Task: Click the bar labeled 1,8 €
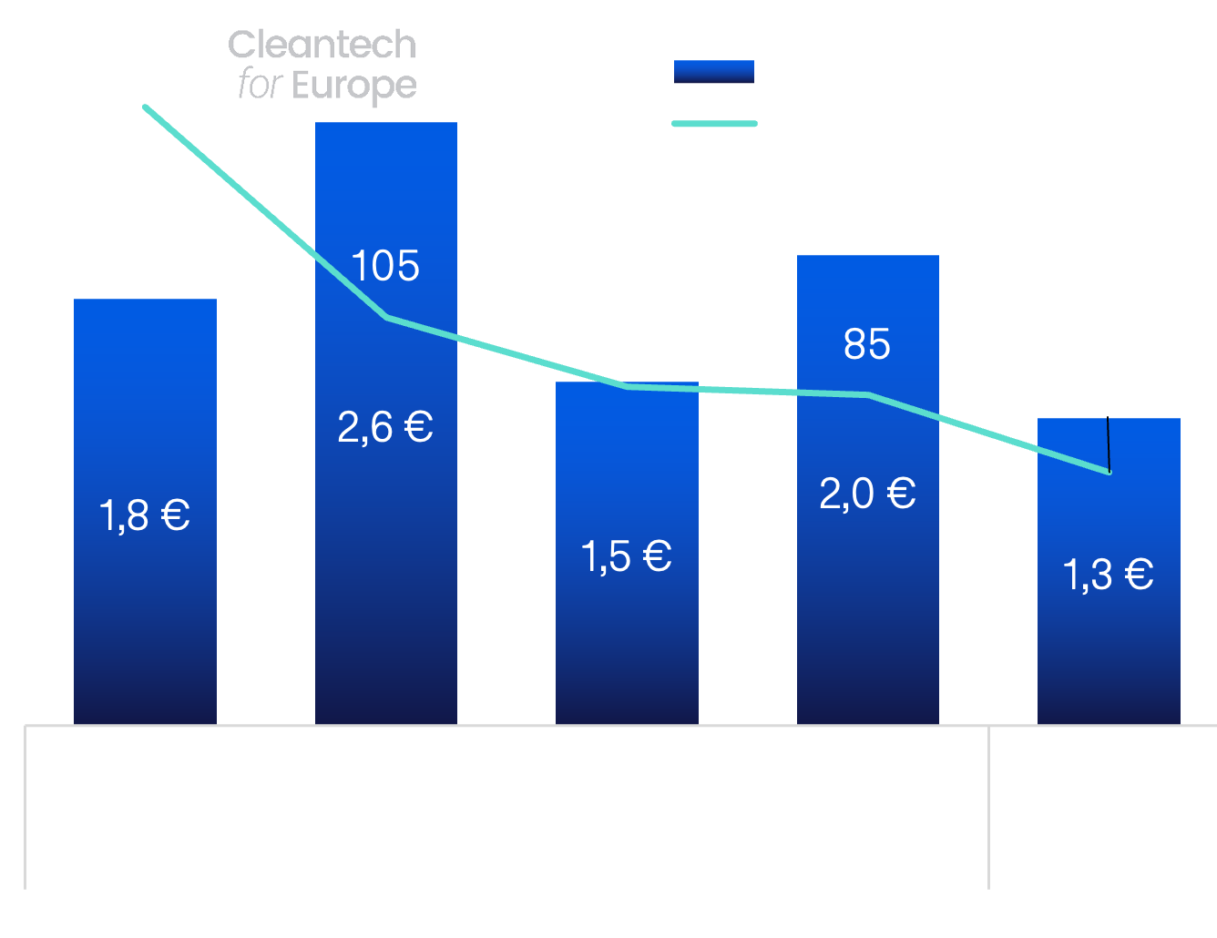click(x=145, y=512)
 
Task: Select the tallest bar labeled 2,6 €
click(x=386, y=423)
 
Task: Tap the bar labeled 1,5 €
click(x=627, y=553)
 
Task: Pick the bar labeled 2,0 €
click(x=867, y=490)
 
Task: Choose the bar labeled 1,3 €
click(x=1109, y=571)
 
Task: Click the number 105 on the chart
click(x=385, y=265)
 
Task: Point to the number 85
click(x=867, y=343)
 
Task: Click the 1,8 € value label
click(x=145, y=515)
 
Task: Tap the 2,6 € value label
click(x=385, y=427)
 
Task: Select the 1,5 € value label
click(x=627, y=556)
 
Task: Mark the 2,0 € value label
click(x=867, y=493)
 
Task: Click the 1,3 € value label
click(x=1109, y=575)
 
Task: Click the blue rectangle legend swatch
click(x=714, y=72)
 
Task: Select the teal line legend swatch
click(x=715, y=124)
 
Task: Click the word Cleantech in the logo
click(x=322, y=45)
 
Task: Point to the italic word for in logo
click(x=261, y=84)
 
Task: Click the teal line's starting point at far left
click(x=145, y=107)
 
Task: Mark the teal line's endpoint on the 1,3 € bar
click(x=1110, y=473)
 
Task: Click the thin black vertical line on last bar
click(x=1109, y=444)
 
